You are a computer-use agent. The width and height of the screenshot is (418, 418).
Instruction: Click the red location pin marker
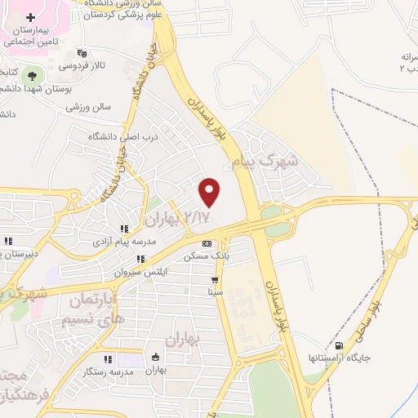[x=211, y=191]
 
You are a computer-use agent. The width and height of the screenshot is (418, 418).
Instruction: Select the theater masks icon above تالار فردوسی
[x=81, y=53]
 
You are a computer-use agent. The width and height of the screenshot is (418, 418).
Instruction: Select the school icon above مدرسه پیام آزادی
[x=123, y=229]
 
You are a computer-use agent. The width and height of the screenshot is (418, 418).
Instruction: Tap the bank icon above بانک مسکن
[x=207, y=243]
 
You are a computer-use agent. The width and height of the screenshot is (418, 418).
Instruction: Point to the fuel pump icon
[x=340, y=346]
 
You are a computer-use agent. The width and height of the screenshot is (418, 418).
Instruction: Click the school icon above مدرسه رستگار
[x=107, y=359]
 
